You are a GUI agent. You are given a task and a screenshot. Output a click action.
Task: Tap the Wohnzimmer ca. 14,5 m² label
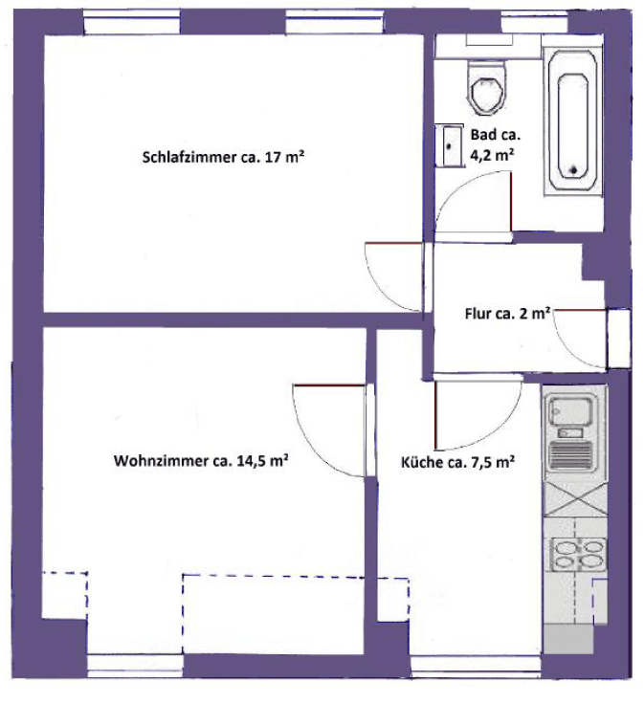click(201, 461)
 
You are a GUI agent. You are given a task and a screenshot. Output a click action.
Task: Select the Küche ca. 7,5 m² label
click(458, 463)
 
